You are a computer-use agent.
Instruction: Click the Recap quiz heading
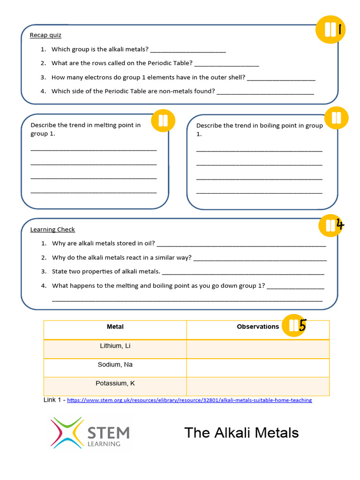[45, 35]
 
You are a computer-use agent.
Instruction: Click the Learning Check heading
[52, 230]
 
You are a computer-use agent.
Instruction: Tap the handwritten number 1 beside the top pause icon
[341, 30]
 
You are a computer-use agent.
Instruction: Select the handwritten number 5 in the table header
[302, 325]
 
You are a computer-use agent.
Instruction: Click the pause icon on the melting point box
[163, 121]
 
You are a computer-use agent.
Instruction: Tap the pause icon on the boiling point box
[336, 118]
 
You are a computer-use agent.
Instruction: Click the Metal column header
[115, 327]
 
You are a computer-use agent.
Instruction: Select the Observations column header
[258, 327]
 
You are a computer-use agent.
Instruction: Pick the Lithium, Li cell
[115, 346]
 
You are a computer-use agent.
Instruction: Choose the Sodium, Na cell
[115, 365]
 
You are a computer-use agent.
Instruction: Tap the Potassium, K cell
[115, 383]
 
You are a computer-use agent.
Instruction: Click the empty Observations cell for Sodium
[258, 368]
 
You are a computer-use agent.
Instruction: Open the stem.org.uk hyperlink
[189, 400]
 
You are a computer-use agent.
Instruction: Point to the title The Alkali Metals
[241, 433]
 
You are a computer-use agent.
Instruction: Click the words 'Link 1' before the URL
[53, 400]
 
